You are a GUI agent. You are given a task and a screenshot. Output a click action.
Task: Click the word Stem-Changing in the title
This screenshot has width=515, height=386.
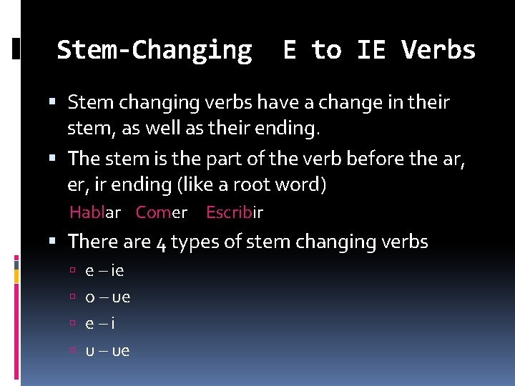point(154,51)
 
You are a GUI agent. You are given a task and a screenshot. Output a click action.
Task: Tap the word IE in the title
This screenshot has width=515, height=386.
point(372,50)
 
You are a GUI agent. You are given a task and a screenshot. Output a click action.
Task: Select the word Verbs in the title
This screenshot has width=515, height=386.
point(438,50)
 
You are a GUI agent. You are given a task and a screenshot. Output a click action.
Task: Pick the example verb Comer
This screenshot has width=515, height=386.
point(162,212)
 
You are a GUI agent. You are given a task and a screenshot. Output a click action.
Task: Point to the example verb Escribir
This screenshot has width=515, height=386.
point(235,212)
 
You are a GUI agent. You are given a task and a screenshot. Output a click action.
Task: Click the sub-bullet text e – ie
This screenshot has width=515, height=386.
point(104,271)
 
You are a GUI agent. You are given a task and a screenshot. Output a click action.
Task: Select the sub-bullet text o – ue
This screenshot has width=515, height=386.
point(107,297)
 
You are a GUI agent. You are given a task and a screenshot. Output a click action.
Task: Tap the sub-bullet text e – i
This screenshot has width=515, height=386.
point(100,324)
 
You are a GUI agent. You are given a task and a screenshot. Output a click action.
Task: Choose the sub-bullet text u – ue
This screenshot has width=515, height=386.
point(107,350)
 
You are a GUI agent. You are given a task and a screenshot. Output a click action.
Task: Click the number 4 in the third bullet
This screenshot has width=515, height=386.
point(161,243)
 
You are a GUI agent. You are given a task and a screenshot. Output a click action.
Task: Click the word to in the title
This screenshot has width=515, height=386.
point(327,50)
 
